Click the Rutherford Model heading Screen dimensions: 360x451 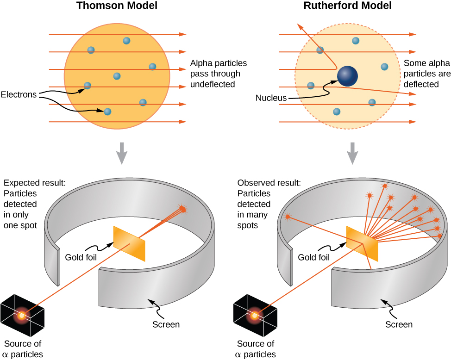tap(348, 6)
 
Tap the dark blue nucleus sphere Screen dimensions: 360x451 tap(347, 75)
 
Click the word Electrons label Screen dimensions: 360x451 tap(19, 95)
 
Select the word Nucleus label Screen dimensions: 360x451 tap(271, 98)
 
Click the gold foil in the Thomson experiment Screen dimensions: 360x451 tap(129, 243)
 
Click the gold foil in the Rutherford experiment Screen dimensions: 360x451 tap(362, 243)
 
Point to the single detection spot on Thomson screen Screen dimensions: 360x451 tap(183, 210)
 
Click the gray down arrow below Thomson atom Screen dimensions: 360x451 tap(121, 153)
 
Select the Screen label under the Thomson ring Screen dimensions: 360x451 tap(166, 324)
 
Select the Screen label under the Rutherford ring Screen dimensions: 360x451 tap(399, 324)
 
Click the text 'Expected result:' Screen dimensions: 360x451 tap(34, 183)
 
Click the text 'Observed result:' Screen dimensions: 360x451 tap(269, 183)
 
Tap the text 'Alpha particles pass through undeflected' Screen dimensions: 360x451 tap(219, 74)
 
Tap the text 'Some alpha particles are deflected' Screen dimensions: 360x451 tap(421, 74)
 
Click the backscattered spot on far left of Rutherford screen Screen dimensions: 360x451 tap(288, 216)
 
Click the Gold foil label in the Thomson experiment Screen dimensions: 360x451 tap(81, 257)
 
